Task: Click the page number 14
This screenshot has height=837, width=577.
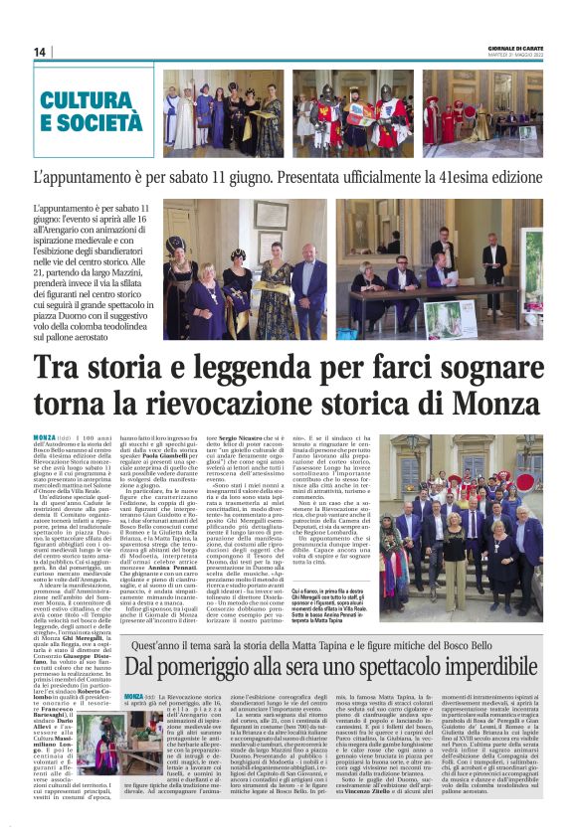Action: click(40, 52)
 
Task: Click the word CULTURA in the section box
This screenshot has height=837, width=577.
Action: click(89, 99)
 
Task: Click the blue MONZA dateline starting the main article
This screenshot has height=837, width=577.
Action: click(44, 437)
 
